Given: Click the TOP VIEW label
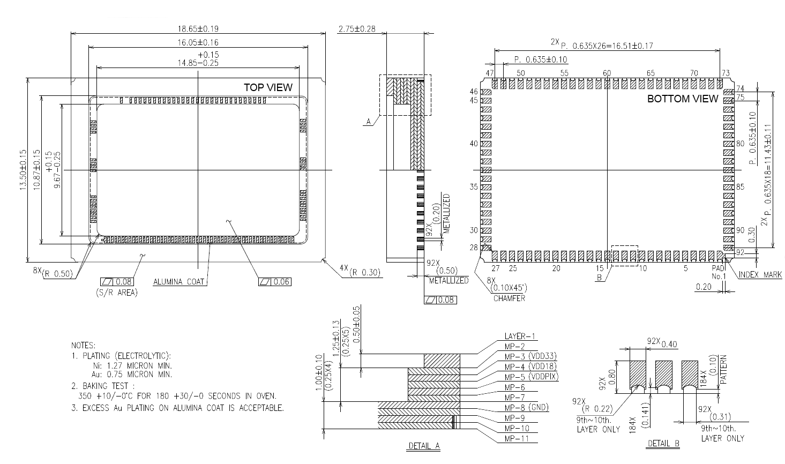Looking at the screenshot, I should [268, 87].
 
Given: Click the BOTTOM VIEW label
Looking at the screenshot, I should [682, 99].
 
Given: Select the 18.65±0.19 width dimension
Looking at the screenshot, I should [198, 29].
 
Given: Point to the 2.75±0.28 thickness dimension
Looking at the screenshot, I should [357, 29].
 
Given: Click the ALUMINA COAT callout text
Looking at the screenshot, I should [179, 281].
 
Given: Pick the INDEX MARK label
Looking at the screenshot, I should [760, 275].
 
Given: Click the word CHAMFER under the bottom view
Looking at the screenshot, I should [509, 298].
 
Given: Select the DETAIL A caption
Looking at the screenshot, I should [424, 445].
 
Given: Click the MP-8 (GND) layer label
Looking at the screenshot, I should [527, 408].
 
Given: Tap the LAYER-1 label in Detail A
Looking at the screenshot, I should [520, 336].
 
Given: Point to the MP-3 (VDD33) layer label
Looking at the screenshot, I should [530, 356].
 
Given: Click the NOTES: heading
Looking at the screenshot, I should [83, 346].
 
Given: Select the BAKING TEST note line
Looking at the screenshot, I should [108, 386].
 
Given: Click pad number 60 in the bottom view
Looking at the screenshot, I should [607, 73].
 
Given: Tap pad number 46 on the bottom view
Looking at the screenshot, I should [474, 92].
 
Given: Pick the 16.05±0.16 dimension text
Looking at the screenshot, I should [198, 42].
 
